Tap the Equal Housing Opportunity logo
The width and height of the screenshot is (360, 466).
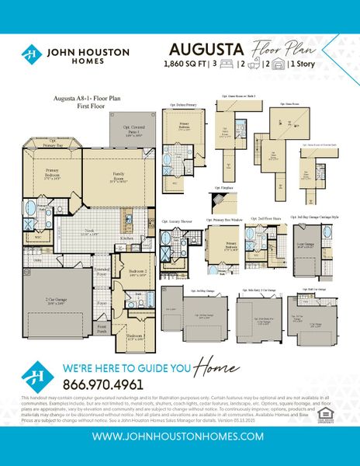coord(335,402)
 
